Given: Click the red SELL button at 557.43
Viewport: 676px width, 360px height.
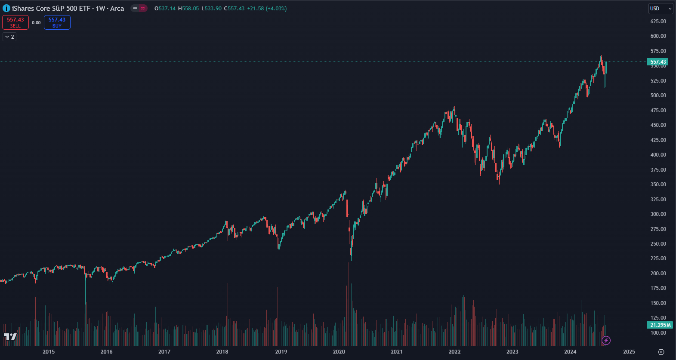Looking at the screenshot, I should [x=15, y=22].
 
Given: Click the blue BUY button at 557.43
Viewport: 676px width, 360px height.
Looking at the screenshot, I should [x=57, y=22].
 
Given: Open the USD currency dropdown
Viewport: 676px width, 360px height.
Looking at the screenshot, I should [x=661, y=9].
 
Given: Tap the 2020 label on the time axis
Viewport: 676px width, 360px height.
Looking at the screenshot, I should [x=339, y=352].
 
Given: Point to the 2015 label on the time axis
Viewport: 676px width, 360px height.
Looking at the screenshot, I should [x=49, y=352].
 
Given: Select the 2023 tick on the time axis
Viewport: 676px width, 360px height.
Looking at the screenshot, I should [x=512, y=352].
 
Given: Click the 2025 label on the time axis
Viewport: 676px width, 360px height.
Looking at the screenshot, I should [x=629, y=352].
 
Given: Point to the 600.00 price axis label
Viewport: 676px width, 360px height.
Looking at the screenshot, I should [x=658, y=36].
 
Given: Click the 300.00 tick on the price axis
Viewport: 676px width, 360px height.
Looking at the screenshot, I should [x=658, y=214].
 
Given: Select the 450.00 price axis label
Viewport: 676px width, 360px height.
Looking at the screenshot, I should [x=658, y=125].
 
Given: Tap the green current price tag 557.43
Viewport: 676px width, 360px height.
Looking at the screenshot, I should [x=658, y=62].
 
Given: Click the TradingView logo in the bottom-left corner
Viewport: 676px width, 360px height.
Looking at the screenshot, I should [x=10, y=336].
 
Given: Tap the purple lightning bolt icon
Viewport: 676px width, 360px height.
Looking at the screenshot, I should [x=606, y=341].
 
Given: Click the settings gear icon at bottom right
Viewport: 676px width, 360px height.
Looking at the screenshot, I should [x=661, y=352].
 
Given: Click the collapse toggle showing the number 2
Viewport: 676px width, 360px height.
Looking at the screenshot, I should [x=9, y=37].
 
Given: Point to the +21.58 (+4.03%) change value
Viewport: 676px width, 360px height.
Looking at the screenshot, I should [x=267, y=9].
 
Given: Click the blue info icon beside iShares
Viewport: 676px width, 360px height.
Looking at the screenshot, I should [x=6, y=9].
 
